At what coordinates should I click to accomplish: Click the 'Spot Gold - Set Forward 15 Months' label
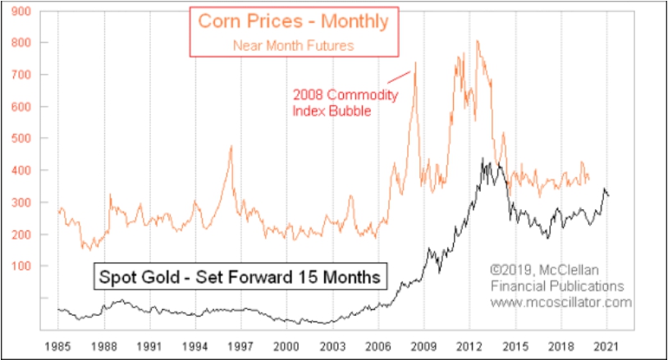pos(240,276)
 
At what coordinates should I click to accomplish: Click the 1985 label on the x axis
pos(58,345)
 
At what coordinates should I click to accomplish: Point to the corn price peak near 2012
pos(478,41)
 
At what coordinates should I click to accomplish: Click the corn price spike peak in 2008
pos(415,63)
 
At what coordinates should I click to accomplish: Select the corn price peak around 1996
pos(231,146)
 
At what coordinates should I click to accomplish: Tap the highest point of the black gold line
pos(483,159)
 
